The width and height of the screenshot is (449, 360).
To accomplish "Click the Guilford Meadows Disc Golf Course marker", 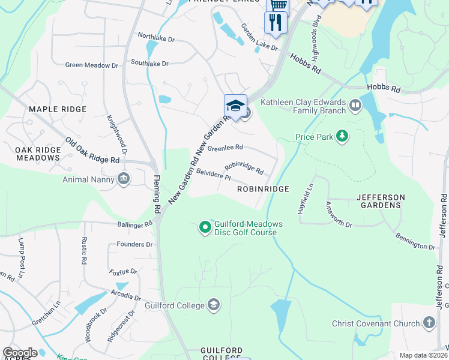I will click(205, 226).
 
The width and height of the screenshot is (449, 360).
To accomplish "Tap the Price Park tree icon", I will click(342, 137).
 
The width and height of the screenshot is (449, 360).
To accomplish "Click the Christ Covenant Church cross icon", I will click(429, 323).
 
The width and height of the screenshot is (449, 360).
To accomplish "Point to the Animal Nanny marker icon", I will click(124, 178).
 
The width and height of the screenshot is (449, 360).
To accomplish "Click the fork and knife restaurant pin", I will click(276, 22).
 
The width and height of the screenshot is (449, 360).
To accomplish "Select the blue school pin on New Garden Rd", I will click(235, 106).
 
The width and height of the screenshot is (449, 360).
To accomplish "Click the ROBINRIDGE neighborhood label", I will click(263, 189).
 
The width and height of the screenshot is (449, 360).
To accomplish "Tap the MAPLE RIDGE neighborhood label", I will click(58, 109).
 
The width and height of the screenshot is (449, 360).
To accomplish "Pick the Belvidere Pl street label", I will click(213, 174).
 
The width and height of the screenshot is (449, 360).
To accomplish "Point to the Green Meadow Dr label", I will click(91, 65).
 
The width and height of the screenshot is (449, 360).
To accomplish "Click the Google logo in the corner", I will click(20, 353).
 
